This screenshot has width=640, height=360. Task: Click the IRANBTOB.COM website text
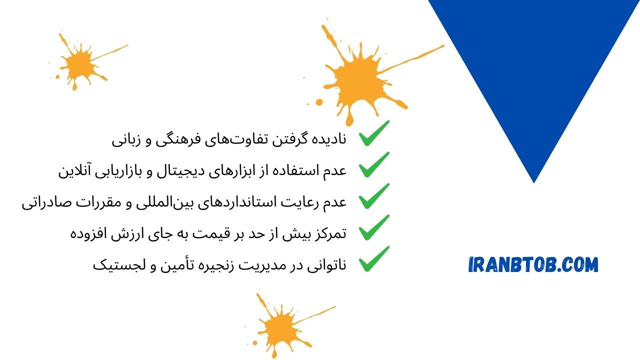(x=533, y=264)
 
